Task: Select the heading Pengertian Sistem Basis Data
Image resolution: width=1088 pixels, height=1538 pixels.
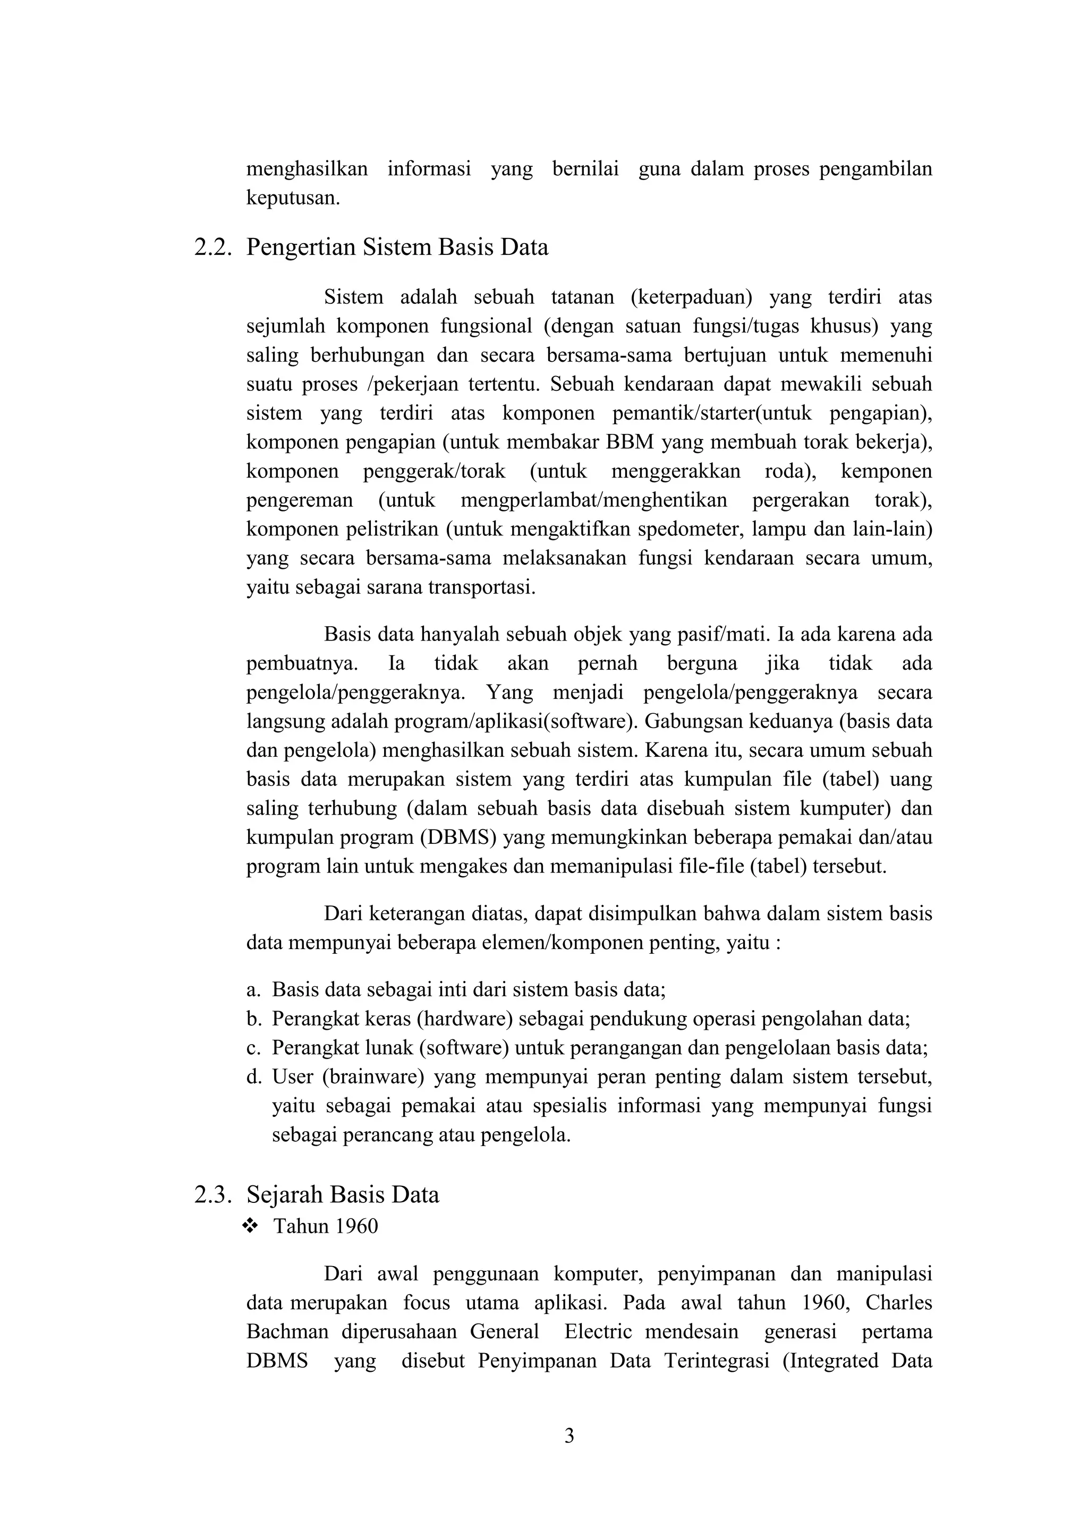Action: (x=397, y=248)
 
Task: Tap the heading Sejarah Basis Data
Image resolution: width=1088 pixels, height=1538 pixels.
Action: (x=343, y=1194)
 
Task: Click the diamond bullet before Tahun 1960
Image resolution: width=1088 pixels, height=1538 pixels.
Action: (x=251, y=1226)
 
